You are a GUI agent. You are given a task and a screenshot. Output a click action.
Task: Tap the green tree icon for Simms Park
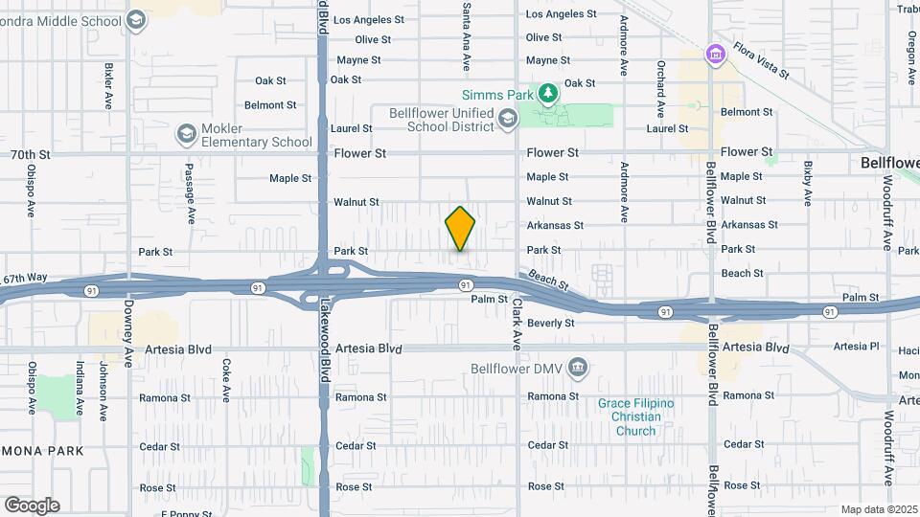(547, 94)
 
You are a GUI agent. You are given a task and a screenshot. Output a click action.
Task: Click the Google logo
(32, 506)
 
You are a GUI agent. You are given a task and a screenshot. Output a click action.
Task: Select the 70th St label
(29, 154)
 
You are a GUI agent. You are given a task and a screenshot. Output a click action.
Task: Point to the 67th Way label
(25, 279)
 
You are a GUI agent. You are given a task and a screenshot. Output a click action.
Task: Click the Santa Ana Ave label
(467, 48)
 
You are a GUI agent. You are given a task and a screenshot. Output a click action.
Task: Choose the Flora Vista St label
(760, 59)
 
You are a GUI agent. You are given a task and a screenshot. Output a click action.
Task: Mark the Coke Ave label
(226, 379)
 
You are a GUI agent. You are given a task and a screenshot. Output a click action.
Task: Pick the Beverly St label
(550, 324)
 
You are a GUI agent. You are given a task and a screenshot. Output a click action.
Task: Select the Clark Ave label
(516, 323)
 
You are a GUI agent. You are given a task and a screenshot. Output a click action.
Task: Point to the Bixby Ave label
(808, 183)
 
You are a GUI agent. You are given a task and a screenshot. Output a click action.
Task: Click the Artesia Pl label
(856, 347)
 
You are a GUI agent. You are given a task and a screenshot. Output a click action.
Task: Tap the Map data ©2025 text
(877, 509)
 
